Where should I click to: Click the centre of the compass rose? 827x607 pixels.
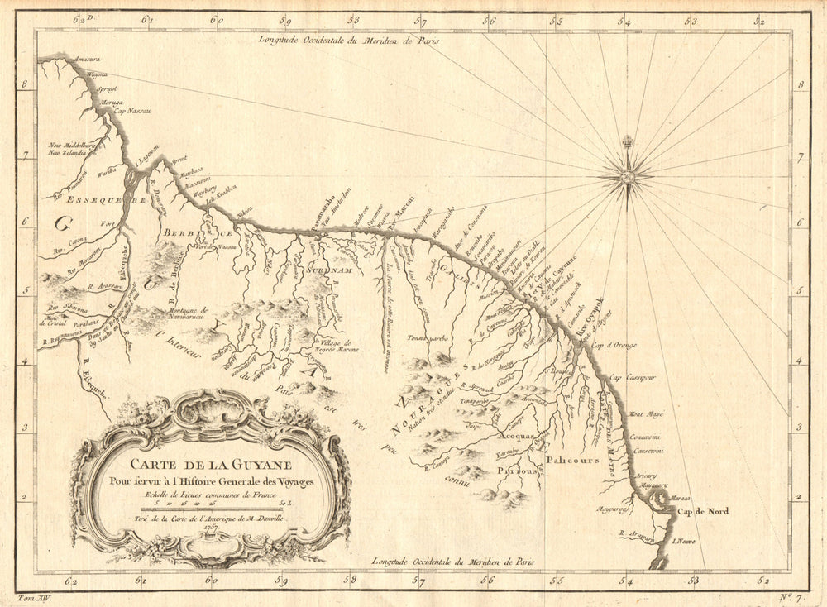[628, 174]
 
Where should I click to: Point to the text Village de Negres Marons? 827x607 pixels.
[336, 347]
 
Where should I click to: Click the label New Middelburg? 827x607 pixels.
[73, 144]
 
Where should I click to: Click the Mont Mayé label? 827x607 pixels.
[648, 413]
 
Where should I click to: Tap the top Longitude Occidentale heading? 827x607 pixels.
[347, 38]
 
